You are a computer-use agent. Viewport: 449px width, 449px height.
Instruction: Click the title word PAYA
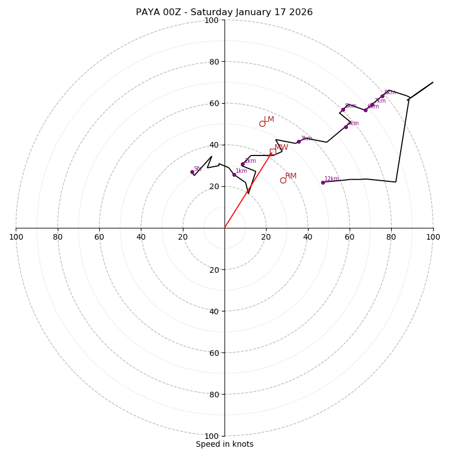pyautogui.click(x=148, y=12)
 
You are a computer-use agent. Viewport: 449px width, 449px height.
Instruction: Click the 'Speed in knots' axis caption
pyautogui.click(x=224, y=444)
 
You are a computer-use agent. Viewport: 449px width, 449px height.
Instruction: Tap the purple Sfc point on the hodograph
pyautogui.click(x=192, y=172)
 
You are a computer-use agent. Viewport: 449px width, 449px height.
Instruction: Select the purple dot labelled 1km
pyautogui.click(x=234, y=175)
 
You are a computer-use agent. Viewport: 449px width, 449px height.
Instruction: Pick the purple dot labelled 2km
pyautogui.click(x=242, y=164)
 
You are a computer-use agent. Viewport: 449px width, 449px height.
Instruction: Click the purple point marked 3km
pyautogui.click(x=299, y=141)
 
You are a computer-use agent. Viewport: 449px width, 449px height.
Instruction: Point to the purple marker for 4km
pyautogui.click(x=346, y=127)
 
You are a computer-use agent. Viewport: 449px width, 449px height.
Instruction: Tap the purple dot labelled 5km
pyautogui.click(x=343, y=110)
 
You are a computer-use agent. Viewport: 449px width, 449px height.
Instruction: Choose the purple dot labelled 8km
pyautogui.click(x=382, y=96)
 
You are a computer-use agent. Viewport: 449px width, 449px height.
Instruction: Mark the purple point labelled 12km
pyautogui.click(x=323, y=182)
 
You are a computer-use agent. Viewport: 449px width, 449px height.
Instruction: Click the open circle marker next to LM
pyautogui.click(x=262, y=123)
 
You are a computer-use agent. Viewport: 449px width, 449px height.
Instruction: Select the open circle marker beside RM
pyautogui.click(x=283, y=180)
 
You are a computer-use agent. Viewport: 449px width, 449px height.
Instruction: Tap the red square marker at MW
pyautogui.click(x=273, y=152)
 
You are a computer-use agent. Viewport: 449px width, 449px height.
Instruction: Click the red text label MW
pyautogui.click(x=281, y=148)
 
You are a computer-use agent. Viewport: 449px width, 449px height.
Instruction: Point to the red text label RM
pyautogui.click(x=291, y=176)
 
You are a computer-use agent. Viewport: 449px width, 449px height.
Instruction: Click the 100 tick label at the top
pyautogui.click(x=212, y=21)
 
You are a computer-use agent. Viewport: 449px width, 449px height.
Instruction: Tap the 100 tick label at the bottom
pyautogui.click(x=212, y=436)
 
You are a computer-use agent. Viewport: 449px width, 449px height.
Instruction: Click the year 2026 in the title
pyautogui.click(x=300, y=12)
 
